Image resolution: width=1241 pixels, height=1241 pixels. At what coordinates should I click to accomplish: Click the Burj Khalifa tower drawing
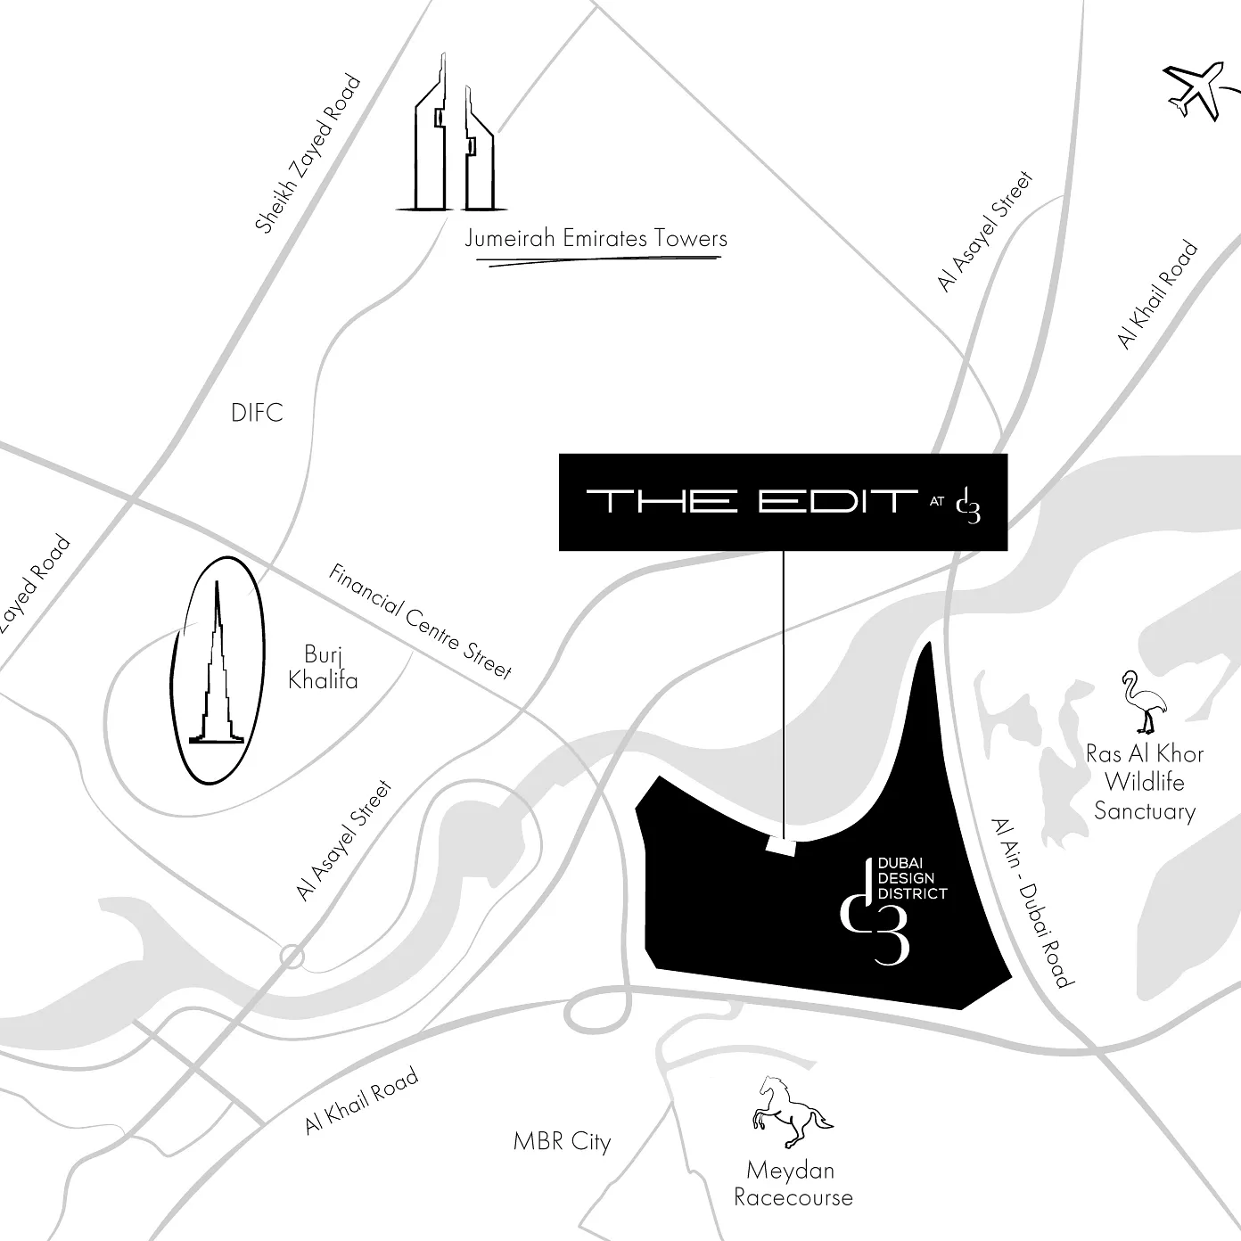217,663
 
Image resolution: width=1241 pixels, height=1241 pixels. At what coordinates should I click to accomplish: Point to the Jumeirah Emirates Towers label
596,239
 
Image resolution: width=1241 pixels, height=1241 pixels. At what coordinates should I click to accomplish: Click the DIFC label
257,413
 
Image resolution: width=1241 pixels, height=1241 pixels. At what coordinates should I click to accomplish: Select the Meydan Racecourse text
793,1183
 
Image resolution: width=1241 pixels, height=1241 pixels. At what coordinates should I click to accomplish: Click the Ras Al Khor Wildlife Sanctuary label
1145,782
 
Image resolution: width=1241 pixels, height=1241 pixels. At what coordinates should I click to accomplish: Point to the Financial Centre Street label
421,621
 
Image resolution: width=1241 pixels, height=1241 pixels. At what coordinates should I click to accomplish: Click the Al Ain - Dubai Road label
1032,902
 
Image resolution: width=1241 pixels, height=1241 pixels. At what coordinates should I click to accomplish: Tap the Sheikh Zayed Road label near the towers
308,152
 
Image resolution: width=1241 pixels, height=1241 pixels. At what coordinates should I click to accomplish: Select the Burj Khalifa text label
323,667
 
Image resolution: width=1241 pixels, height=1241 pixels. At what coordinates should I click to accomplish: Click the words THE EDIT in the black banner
752,501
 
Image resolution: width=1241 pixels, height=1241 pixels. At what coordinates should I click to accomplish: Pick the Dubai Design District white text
912,878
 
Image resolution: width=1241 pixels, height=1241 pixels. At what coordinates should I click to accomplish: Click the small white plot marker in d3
782,847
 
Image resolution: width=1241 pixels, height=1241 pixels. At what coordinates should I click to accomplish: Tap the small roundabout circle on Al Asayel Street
292,957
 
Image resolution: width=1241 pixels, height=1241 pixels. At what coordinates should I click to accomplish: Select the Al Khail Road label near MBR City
361,1100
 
